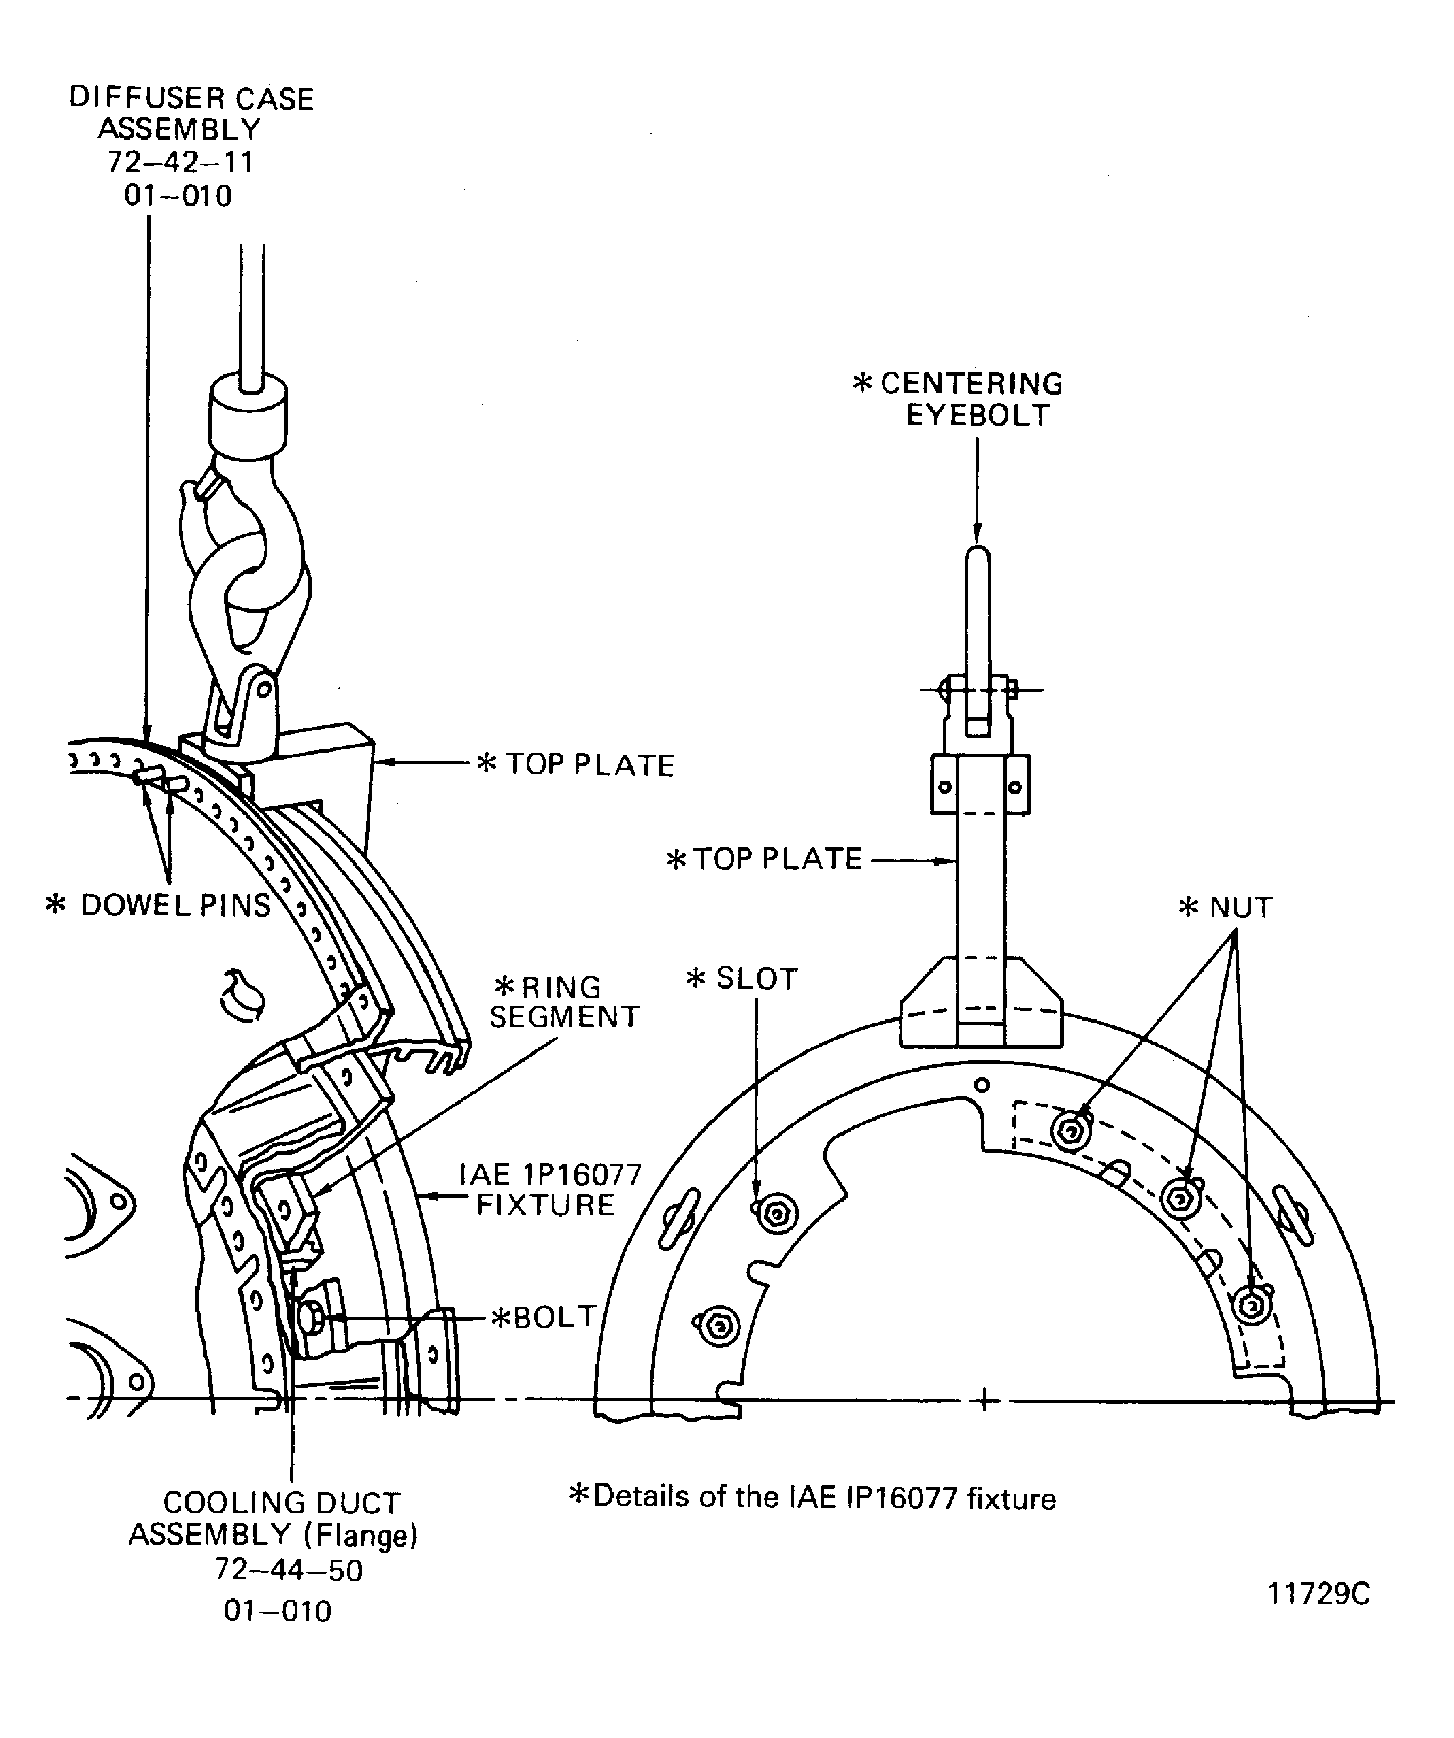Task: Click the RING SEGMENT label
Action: click(x=565, y=1001)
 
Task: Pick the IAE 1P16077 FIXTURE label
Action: click(x=550, y=1189)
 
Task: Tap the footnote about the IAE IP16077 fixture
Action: click(x=813, y=1497)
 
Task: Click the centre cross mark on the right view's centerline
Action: click(x=983, y=1401)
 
